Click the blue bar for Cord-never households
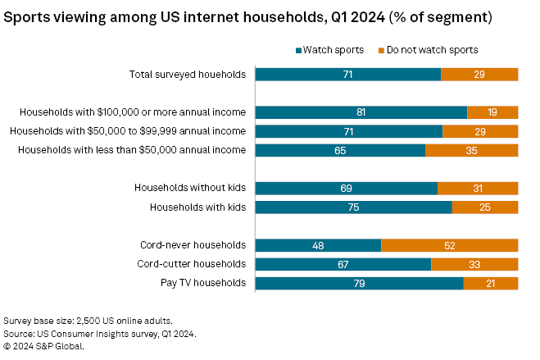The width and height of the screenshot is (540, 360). pyautogui.click(x=318, y=245)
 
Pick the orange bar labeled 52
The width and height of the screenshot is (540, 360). pyautogui.click(x=449, y=245)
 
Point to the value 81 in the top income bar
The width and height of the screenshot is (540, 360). pyautogui.click(x=361, y=112)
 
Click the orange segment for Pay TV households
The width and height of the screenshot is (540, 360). pyautogui.click(x=491, y=283)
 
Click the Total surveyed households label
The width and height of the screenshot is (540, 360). pyautogui.click(x=188, y=75)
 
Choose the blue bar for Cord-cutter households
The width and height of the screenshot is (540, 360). pyautogui.click(x=343, y=264)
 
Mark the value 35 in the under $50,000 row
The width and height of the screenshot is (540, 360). pyautogui.click(x=471, y=150)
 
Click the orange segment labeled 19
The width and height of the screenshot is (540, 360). pyautogui.click(x=492, y=112)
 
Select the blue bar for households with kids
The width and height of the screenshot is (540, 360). pyautogui.click(x=353, y=207)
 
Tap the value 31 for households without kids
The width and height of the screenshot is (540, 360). pyautogui.click(x=477, y=189)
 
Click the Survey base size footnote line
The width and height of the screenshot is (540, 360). pyautogui.click(x=88, y=321)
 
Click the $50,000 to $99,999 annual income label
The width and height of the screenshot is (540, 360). pyautogui.click(x=127, y=131)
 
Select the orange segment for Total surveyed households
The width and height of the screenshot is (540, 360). pyautogui.click(x=479, y=75)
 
